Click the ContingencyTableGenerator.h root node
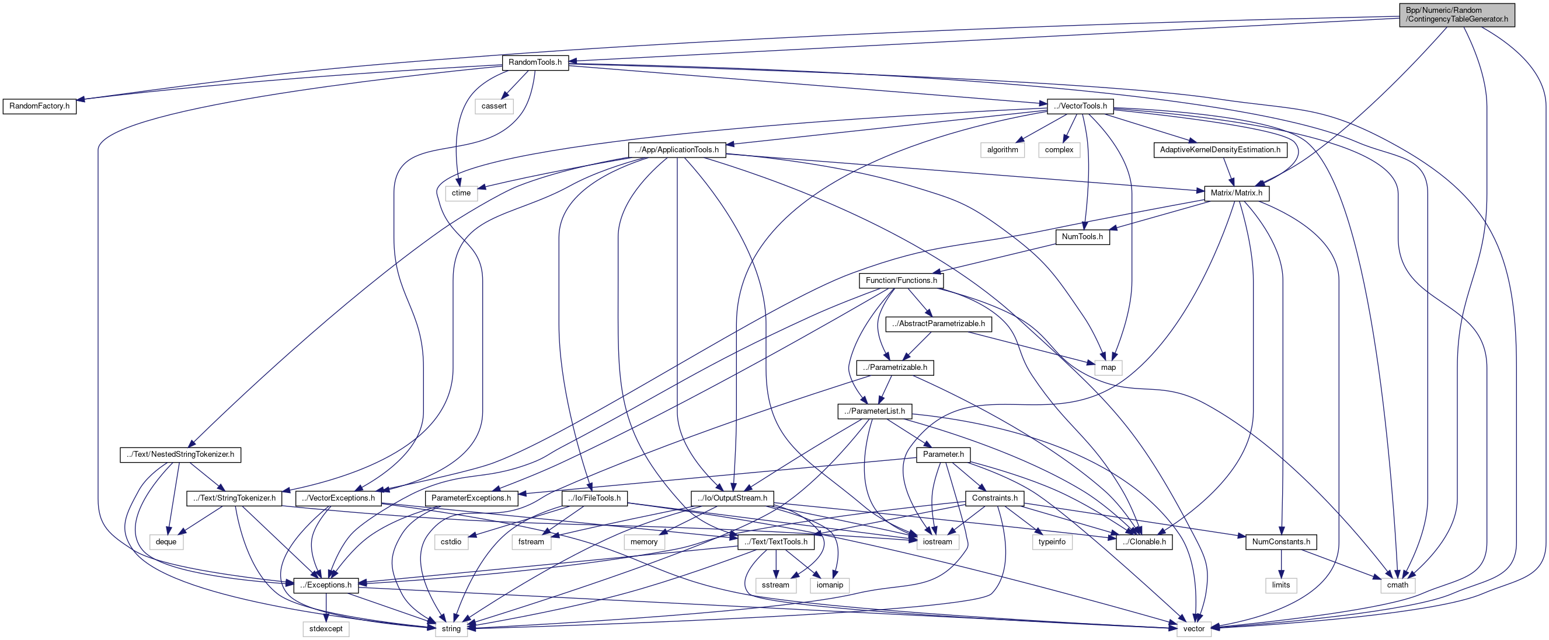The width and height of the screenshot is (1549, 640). tap(1456, 15)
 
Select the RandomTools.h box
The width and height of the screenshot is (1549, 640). tap(535, 62)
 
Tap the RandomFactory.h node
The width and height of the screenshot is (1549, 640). tap(40, 106)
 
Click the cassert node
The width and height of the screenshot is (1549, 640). tap(494, 106)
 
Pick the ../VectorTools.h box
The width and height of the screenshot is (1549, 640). tap(1080, 106)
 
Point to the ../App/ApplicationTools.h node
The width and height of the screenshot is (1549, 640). tap(677, 149)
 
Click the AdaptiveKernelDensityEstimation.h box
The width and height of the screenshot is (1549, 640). tap(1220, 149)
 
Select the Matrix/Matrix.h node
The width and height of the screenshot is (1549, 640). tap(1236, 193)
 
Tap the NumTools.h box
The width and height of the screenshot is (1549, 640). tap(1082, 237)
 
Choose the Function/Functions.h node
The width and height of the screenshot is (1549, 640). tap(901, 280)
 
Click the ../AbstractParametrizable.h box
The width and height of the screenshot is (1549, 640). tap(938, 324)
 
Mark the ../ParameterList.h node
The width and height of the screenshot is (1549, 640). tap(874, 411)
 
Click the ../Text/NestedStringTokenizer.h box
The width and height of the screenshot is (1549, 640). tap(180, 454)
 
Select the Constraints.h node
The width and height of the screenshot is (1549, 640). tap(994, 498)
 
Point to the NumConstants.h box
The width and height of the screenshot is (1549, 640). tap(1281, 541)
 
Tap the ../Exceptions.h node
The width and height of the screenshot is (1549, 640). tap(326, 585)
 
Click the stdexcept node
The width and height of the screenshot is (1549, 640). tap(326, 628)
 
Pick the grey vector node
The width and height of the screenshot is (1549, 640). tap(1193, 628)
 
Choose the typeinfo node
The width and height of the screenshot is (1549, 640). tap(1052, 541)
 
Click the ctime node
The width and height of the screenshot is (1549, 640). tap(461, 193)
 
